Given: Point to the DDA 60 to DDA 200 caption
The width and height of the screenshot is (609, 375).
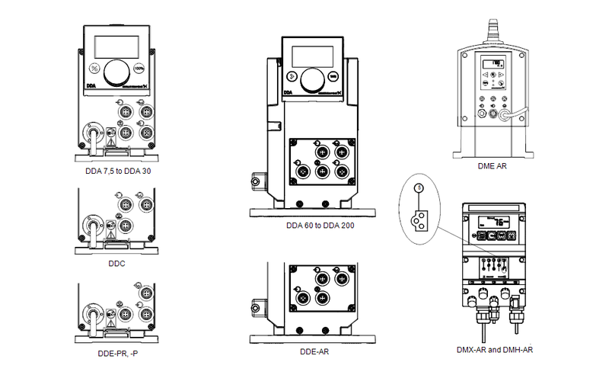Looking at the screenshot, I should point(320,226).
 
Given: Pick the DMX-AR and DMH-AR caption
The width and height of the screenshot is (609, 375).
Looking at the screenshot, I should point(494,351).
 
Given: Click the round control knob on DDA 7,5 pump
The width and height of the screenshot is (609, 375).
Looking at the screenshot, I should point(116,71).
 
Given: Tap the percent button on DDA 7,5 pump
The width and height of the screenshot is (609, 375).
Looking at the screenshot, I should point(94,66).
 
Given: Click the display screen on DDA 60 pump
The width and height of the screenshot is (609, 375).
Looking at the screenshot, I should point(312,56).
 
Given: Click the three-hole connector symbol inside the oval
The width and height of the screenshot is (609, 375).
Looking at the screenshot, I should point(417,220).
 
